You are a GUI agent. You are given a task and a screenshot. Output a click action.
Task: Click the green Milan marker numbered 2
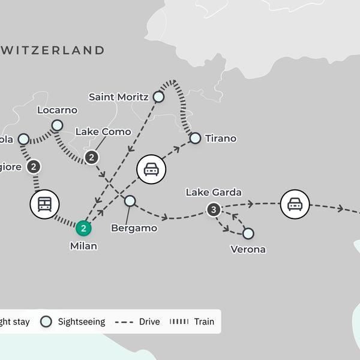pos(83,228)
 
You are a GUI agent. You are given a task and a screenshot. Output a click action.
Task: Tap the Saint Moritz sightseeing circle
pos(158,97)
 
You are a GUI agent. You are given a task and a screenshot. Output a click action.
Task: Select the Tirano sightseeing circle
pos(195,139)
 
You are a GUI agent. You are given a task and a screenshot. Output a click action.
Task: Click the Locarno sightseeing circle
pos(56,125)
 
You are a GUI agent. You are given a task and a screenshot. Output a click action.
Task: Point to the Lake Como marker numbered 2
pos(91,157)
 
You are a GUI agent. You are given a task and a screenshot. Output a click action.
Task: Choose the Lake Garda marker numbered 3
pos(213,209)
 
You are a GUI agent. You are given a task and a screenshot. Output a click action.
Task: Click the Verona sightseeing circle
pos(248,233)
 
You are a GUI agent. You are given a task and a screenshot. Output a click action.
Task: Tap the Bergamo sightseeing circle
pos(130,201)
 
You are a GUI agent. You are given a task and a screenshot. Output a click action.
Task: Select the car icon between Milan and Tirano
pos(151,170)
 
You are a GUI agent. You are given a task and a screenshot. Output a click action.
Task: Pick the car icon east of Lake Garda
pos(294,204)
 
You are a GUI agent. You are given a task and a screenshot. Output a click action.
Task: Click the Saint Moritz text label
pos(118,97)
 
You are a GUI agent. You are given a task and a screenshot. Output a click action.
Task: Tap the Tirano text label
pos(220,139)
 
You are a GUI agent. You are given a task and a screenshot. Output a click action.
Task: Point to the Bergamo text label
pos(134,228)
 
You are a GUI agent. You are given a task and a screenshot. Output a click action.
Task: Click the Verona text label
pos(248,249)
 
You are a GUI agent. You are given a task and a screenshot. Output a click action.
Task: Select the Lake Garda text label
pos(214,193)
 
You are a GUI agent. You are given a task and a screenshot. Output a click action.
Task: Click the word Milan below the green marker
pos(83,246)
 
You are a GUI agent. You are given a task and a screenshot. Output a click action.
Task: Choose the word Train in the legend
pos(204,322)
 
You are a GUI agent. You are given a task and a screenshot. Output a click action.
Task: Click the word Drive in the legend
pos(149,322)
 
